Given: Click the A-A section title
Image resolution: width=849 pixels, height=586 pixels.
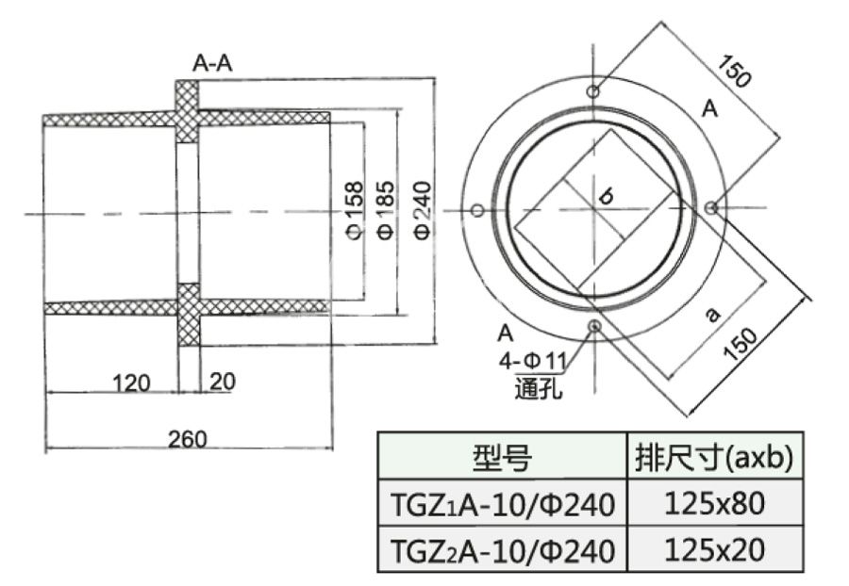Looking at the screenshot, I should pos(212,63).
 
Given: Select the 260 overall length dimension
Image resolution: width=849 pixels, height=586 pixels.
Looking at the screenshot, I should pos(188,438).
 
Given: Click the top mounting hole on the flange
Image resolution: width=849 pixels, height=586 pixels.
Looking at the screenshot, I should pos(592,91).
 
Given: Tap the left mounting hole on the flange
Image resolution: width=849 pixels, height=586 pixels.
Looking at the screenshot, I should pos(477,209).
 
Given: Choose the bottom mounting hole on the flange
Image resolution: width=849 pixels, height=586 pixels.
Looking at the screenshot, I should pos(594,326).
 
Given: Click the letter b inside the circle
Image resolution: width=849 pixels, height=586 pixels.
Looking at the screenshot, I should pos(607,196).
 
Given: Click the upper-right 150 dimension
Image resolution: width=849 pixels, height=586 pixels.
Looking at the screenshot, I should pos(735,72).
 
